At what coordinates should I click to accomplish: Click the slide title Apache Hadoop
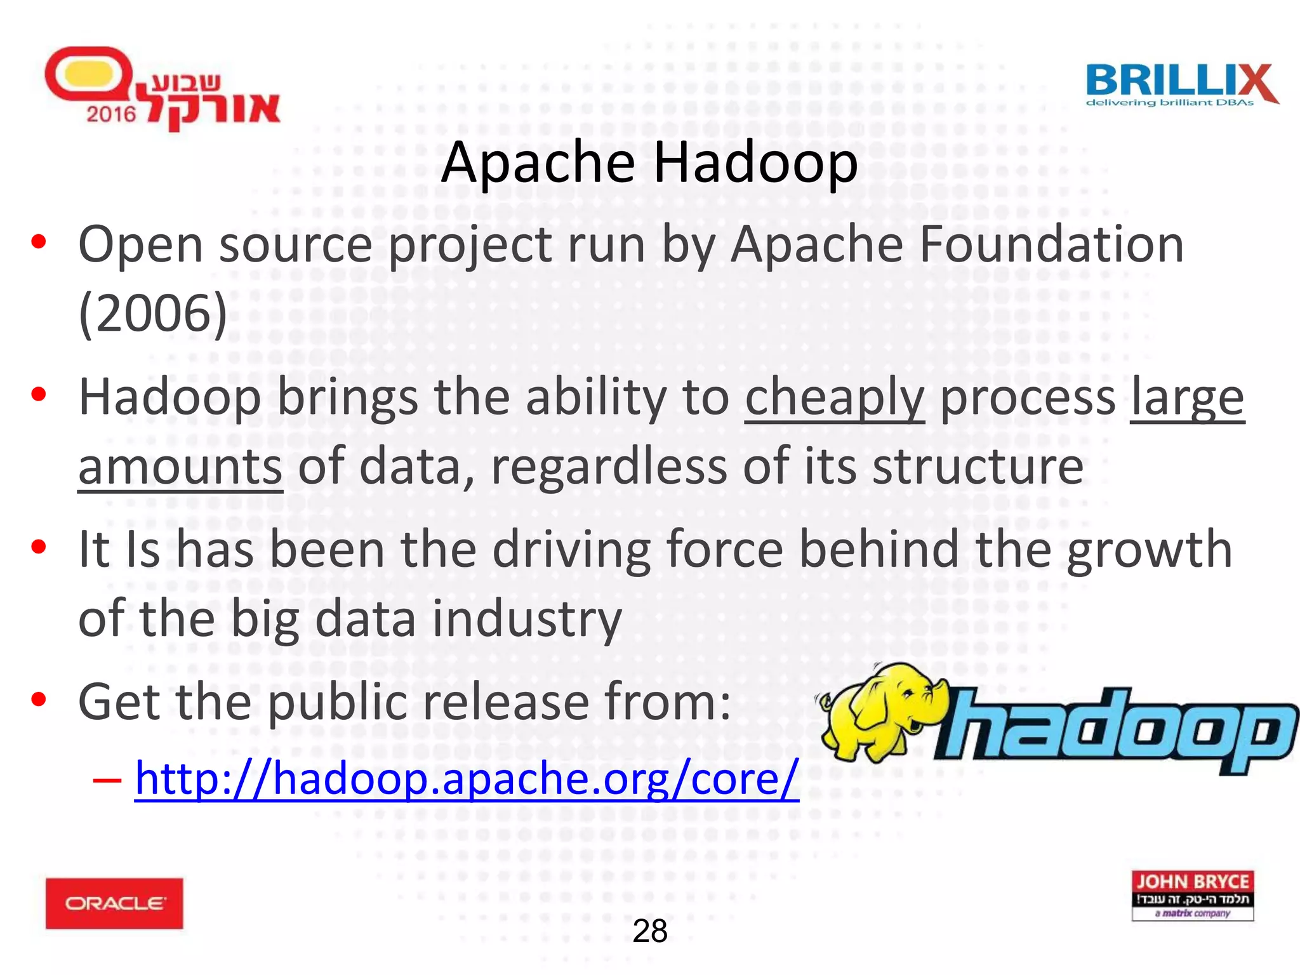coord(649,162)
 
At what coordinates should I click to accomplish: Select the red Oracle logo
coord(114,903)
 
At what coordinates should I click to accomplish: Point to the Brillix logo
coord(1181,85)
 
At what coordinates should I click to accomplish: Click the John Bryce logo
coord(1192,895)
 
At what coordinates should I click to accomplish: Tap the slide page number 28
coord(650,932)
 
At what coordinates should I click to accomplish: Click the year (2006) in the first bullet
coord(152,314)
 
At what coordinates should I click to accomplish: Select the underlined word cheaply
coord(834,397)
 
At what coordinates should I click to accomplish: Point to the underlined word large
coord(1187,397)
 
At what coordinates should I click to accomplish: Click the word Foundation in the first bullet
coord(1051,245)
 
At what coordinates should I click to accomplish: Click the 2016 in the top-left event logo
coord(111,114)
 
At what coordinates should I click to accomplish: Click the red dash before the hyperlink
coord(107,779)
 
